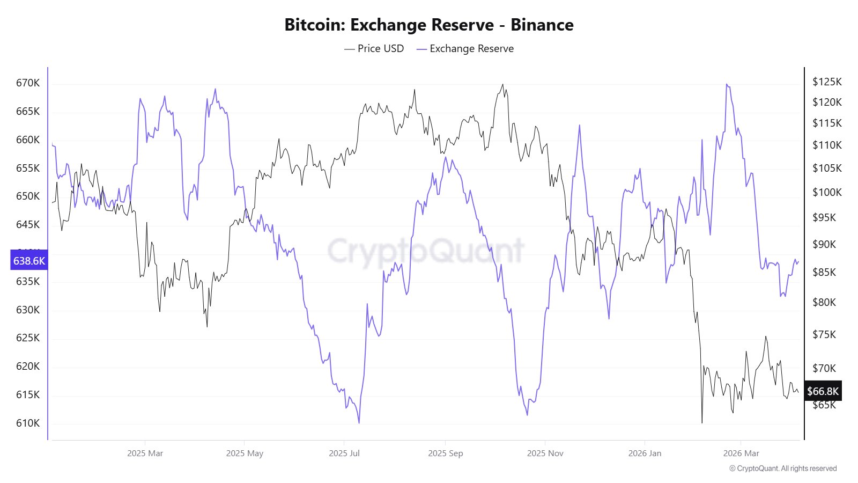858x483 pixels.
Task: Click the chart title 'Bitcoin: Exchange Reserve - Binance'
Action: pos(428,25)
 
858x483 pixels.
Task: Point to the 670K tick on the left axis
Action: pos(28,83)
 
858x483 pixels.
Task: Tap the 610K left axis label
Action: pos(28,423)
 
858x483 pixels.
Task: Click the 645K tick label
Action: pos(28,224)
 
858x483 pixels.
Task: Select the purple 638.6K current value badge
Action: pos(29,261)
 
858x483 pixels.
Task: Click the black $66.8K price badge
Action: pos(823,391)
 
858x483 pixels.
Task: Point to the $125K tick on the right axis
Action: pos(827,82)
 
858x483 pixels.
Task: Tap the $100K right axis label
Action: pos(827,192)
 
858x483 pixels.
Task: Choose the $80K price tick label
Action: pos(824,302)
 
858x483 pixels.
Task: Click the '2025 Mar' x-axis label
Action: pos(145,453)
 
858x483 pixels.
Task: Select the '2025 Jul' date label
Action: pos(344,453)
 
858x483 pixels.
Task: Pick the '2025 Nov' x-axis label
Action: pos(545,453)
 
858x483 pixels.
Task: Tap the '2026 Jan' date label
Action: pos(645,453)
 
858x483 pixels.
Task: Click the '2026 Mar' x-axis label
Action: pos(741,453)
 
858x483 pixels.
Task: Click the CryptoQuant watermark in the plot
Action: pos(425,251)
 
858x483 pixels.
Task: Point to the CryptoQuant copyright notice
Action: pos(783,469)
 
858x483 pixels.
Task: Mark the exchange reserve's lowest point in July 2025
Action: pos(359,423)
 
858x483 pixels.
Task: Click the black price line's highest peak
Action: pos(502,84)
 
